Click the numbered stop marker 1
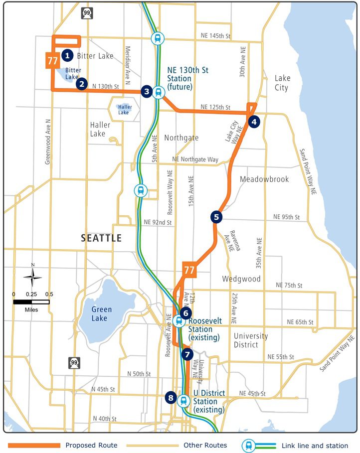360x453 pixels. (x=68, y=55)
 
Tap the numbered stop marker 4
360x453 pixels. (x=254, y=121)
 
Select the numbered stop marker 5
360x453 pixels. (x=216, y=217)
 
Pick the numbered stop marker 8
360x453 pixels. (x=171, y=398)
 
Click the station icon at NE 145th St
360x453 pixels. (x=158, y=38)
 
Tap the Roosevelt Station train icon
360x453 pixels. (x=179, y=321)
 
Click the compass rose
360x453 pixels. (x=32, y=277)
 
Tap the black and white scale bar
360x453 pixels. (x=31, y=302)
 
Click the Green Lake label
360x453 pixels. (x=101, y=314)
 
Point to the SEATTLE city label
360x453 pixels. (x=101, y=238)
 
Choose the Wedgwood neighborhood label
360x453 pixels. (x=241, y=279)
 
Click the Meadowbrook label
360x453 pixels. (x=264, y=179)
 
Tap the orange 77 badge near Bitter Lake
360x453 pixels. (x=52, y=61)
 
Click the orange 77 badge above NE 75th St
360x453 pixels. (x=189, y=270)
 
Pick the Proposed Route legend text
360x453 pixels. (x=91, y=445)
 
